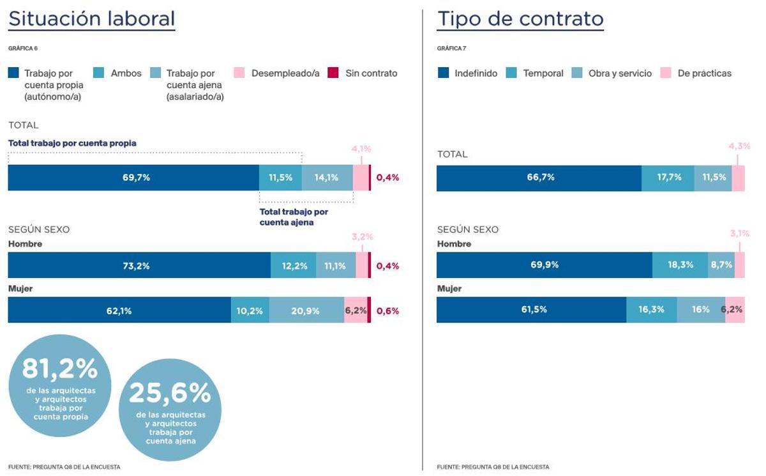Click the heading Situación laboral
click(x=91, y=19)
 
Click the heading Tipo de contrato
click(x=520, y=19)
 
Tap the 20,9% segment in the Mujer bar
click(x=306, y=311)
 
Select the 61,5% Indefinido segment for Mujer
click(x=531, y=310)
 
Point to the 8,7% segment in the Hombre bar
click(x=721, y=265)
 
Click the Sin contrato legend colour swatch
click(x=333, y=73)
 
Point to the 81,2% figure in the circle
click(x=59, y=369)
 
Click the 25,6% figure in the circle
click(x=170, y=394)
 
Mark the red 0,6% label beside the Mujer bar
click(x=387, y=311)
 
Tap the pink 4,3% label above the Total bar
click(x=739, y=146)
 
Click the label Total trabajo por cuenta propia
click(x=72, y=143)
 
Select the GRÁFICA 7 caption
click(x=451, y=49)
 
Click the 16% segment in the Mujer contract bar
click(x=700, y=310)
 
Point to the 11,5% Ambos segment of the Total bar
click(x=280, y=178)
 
